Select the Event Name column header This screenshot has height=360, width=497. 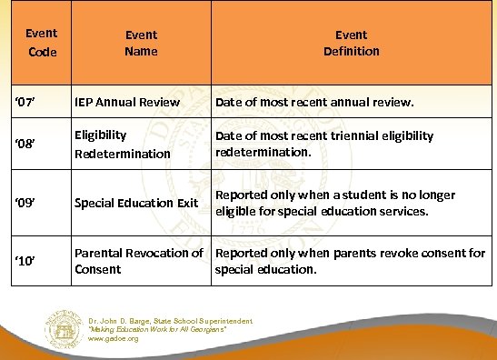point(141,43)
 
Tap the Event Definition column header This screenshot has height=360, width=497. point(352,43)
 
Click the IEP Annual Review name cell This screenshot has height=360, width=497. point(127,102)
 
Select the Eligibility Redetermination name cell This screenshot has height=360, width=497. point(123,145)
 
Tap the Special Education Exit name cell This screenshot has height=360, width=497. point(136,203)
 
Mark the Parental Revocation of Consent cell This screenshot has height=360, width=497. point(139,261)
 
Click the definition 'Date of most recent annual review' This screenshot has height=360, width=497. point(314,102)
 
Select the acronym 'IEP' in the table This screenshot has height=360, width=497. point(87,102)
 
